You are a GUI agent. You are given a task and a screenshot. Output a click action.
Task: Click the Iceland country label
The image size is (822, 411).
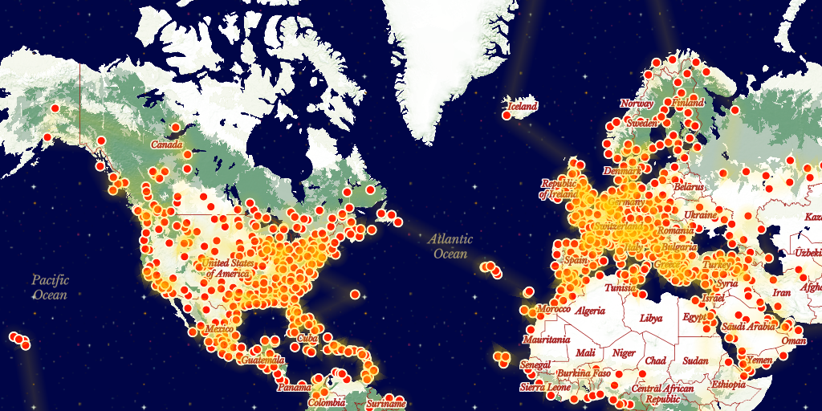pyautogui.click(x=522, y=106)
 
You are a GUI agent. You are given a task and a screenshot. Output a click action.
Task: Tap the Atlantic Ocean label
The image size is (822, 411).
pyautogui.click(x=450, y=246)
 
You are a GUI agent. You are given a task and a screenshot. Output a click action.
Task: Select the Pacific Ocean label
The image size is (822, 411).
pyautogui.click(x=51, y=287)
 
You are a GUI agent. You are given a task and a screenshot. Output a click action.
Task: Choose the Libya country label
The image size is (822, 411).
pyautogui.click(x=651, y=317)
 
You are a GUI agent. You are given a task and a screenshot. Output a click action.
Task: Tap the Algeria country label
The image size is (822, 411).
pyautogui.click(x=590, y=310)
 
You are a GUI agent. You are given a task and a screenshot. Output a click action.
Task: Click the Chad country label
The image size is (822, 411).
pyautogui.click(x=655, y=360)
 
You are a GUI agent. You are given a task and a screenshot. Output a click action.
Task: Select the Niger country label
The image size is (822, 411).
pyautogui.click(x=624, y=353)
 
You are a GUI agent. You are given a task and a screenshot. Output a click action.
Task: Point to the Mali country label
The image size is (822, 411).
pyautogui.click(x=586, y=353)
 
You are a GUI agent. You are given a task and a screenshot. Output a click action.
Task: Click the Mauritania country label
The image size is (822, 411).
pyautogui.click(x=547, y=340)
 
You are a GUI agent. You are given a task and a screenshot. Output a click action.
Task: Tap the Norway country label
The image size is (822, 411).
pyautogui.click(x=637, y=104)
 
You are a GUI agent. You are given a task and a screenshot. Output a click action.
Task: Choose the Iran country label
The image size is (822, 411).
pyautogui.click(x=782, y=293)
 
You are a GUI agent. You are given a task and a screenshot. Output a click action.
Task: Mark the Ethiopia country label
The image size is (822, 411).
pyautogui.click(x=728, y=385)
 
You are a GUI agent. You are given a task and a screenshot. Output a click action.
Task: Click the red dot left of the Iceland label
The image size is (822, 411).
pyautogui.click(x=507, y=116)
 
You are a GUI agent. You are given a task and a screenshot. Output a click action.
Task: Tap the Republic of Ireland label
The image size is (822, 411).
pyautogui.click(x=559, y=189)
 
